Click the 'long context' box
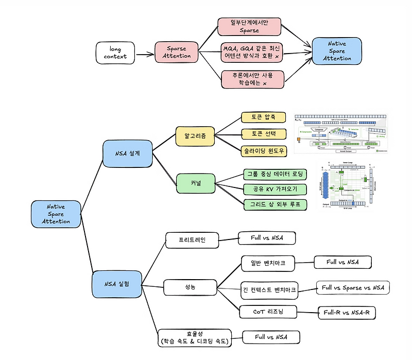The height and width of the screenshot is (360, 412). coord(115,53)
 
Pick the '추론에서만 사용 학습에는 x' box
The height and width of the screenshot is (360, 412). coord(253,79)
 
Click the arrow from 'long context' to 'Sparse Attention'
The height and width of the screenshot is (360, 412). coord(145,53)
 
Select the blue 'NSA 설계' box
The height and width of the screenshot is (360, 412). coord(127,153)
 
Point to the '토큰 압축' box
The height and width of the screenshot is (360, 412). coord(263,118)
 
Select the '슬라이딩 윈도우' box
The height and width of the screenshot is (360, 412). coord(263,150)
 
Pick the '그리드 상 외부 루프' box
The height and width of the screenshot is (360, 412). coord(275,204)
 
